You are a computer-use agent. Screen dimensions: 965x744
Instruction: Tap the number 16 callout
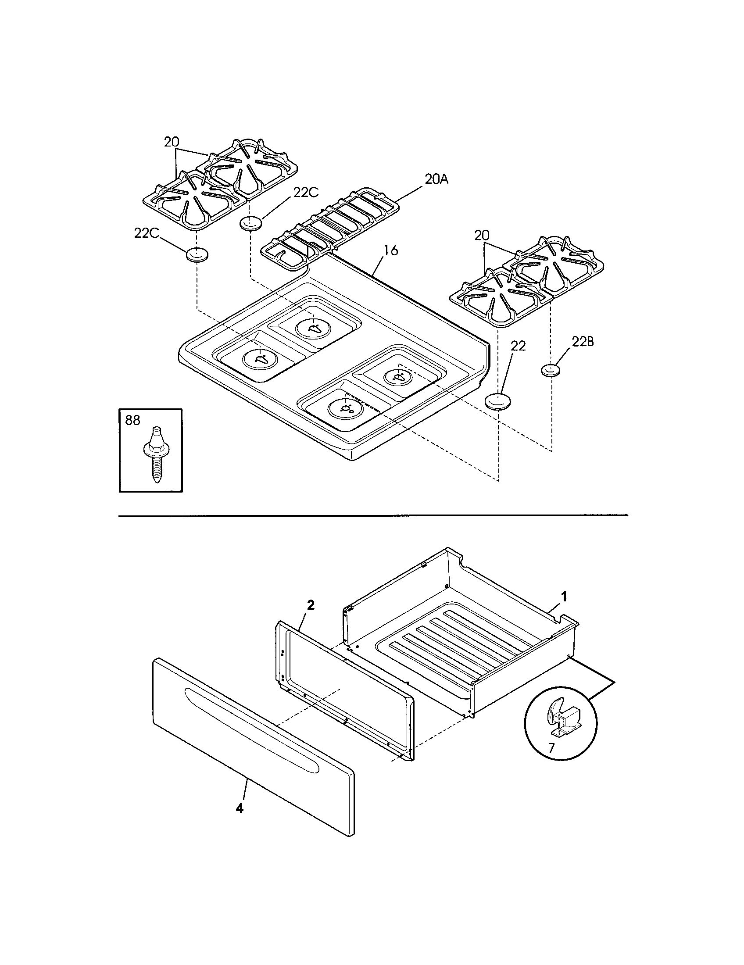click(x=390, y=250)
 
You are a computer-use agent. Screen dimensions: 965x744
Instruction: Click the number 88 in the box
click(x=132, y=420)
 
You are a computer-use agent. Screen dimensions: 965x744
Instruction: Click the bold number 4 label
click(x=239, y=808)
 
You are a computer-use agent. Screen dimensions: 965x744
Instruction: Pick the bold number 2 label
click(x=311, y=606)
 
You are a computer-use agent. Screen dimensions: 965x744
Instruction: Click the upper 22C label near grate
click(x=306, y=193)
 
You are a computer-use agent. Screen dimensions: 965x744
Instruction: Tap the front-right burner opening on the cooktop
click(x=347, y=407)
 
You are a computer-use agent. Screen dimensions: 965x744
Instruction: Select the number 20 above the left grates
click(x=172, y=142)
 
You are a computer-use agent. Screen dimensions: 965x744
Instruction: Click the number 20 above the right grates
click(x=483, y=236)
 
